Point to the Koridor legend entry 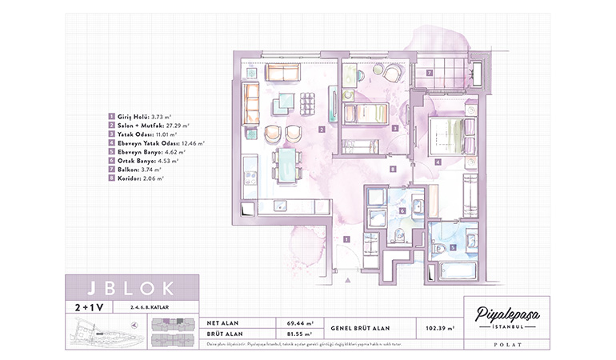coord(139,177)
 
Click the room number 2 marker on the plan coord(320,129)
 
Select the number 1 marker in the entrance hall coord(346,238)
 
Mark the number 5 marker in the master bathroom coord(452,248)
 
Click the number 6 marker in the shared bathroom coord(402,211)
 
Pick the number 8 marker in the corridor coord(393,169)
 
